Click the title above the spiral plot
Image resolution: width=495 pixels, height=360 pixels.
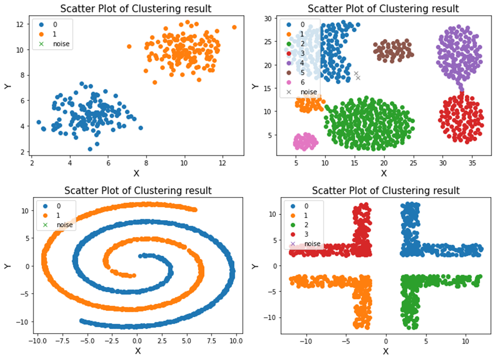click(138, 190)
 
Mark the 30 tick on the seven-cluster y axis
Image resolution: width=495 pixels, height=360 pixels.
click(269, 19)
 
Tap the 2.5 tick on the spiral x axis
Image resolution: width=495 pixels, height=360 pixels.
click(161, 342)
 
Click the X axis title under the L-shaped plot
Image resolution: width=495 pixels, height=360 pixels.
click(385, 351)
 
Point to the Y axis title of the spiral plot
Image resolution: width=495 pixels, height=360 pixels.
click(6, 266)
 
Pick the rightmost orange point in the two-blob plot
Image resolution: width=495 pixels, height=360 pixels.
click(234, 27)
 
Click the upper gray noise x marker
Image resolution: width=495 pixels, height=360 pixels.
click(356, 74)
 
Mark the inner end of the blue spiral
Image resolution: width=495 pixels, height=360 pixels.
click(140, 256)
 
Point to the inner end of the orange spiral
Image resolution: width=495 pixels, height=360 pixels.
click(134, 275)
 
